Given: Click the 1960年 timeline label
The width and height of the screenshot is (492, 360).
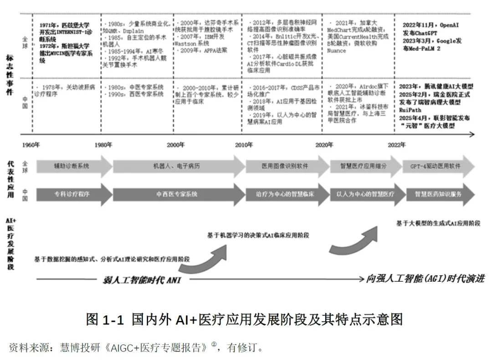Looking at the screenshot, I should click(x=31, y=145).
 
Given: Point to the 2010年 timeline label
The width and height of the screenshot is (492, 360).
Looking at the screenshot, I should click(x=244, y=145).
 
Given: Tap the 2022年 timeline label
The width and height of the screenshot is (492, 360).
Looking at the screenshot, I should click(x=396, y=145).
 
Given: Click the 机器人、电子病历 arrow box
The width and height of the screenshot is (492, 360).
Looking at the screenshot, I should click(x=177, y=166).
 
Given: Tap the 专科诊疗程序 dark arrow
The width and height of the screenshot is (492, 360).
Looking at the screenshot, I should click(x=72, y=194).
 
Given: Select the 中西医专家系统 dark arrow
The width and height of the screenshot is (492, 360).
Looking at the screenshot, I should click(x=177, y=194).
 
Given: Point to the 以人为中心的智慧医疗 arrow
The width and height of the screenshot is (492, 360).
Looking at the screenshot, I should click(x=364, y=194).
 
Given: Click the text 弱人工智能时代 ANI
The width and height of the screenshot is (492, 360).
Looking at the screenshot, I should click(x=142, y=279).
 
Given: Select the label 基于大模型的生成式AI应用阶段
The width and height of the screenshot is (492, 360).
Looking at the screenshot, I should click(x=438, y=223).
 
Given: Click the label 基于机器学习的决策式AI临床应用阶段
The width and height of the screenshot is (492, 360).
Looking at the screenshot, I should click(x=258, y=235).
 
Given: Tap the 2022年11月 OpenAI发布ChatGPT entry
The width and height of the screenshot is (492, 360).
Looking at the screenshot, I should click(x=430, y=28).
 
